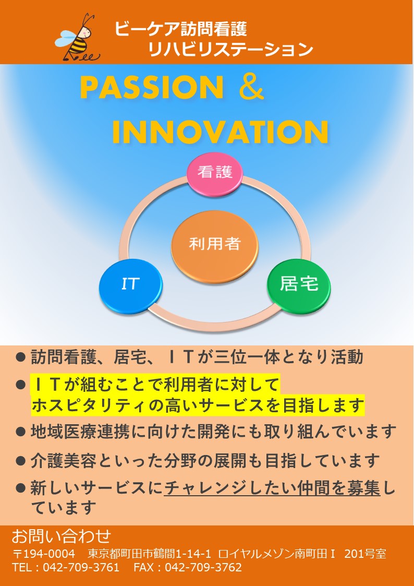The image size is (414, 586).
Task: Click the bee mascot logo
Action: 78,38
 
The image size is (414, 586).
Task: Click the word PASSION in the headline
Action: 152,87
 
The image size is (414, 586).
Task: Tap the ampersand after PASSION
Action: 251,87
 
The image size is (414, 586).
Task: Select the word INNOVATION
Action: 220,132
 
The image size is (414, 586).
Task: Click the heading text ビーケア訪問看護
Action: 181,29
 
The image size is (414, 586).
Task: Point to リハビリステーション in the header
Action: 230,50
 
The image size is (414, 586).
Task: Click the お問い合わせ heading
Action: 61,536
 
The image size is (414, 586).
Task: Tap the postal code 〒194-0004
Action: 44,554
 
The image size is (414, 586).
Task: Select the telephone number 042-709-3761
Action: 81,567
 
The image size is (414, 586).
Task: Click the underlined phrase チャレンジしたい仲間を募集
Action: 272,488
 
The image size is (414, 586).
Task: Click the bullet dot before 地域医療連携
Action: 21,432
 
